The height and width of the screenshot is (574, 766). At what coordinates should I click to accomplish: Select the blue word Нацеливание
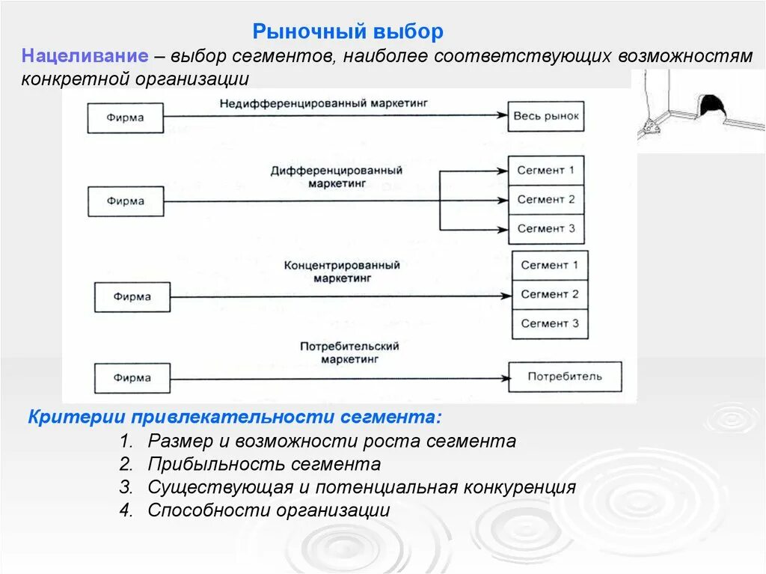point(83,56)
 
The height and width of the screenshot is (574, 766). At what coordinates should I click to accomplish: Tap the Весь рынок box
point(546,116)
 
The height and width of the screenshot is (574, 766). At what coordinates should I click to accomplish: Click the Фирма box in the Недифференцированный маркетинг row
point(125,117)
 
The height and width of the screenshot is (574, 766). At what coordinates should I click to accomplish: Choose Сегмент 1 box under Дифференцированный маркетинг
point(546,170)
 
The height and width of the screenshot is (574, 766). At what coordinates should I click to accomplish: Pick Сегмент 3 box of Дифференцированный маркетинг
point(546,228)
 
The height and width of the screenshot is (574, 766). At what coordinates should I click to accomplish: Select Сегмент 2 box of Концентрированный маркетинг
point(550,294)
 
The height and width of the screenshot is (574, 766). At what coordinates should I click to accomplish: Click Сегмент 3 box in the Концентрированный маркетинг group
point(550,323)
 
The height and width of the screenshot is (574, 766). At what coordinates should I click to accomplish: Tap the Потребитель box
point(565,376)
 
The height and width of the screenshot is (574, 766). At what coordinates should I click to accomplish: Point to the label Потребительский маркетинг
point(349,352)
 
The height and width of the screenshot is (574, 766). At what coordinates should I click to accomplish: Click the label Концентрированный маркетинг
point(342,271)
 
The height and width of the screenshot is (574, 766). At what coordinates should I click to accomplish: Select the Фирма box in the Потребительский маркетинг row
point(132,378)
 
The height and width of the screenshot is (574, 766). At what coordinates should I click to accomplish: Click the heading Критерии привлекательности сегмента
point(234,416)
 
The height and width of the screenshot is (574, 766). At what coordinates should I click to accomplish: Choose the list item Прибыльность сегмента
point(264,464)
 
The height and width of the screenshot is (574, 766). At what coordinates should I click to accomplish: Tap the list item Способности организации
point(269,510)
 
